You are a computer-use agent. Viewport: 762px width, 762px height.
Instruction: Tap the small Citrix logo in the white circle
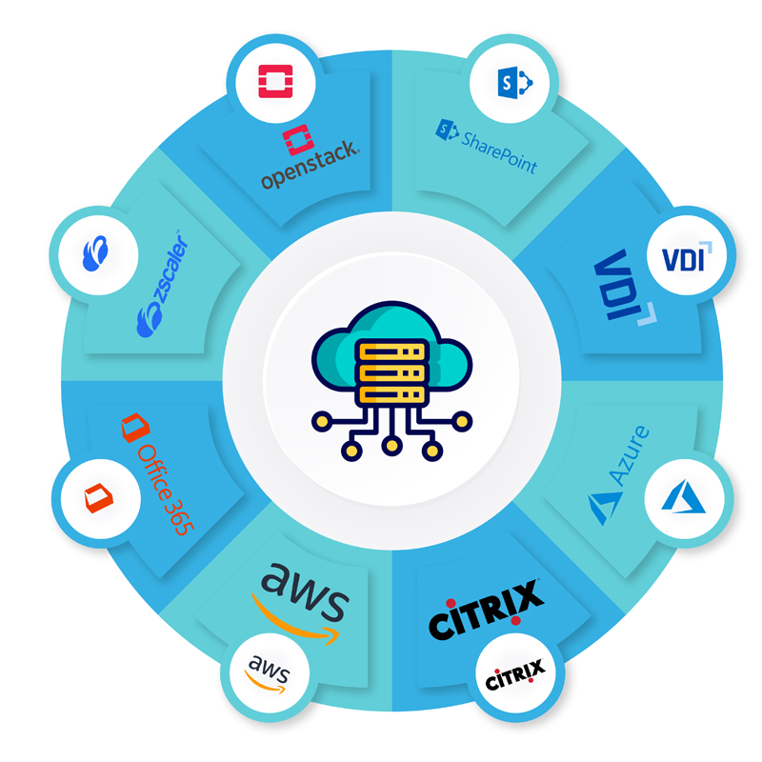click(514, 678)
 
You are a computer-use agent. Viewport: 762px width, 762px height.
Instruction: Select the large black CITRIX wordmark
click(487, 611)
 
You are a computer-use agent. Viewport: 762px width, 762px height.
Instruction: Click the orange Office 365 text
click(161, 486)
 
